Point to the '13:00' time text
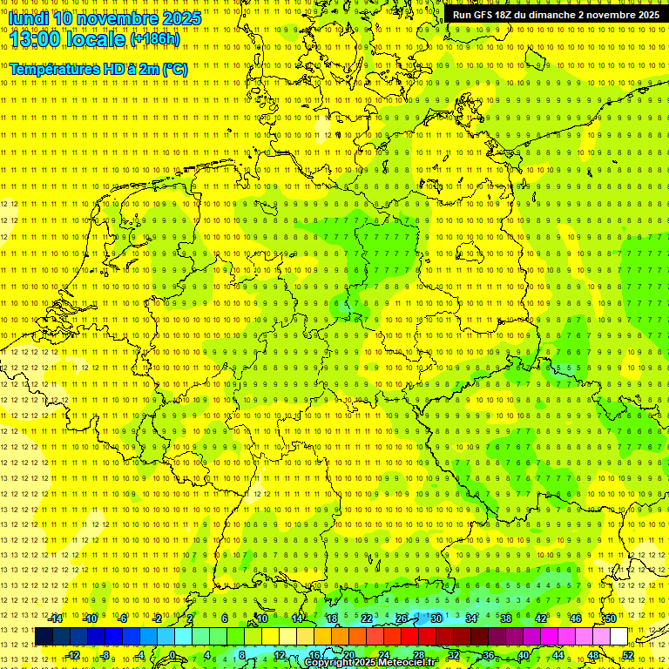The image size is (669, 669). (37, 39)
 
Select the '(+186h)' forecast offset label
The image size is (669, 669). (155, 39)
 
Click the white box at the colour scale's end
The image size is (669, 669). (618, 637)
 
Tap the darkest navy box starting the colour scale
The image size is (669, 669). (44, 637)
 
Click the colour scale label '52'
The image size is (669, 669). (628, 655)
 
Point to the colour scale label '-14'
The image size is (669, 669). (57, 618)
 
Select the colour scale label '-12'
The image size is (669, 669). (73, 655)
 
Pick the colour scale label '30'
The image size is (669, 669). (436, 618)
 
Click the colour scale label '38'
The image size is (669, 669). (505, 618)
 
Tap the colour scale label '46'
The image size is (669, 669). (575, 618)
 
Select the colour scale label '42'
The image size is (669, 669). (540, 618)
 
